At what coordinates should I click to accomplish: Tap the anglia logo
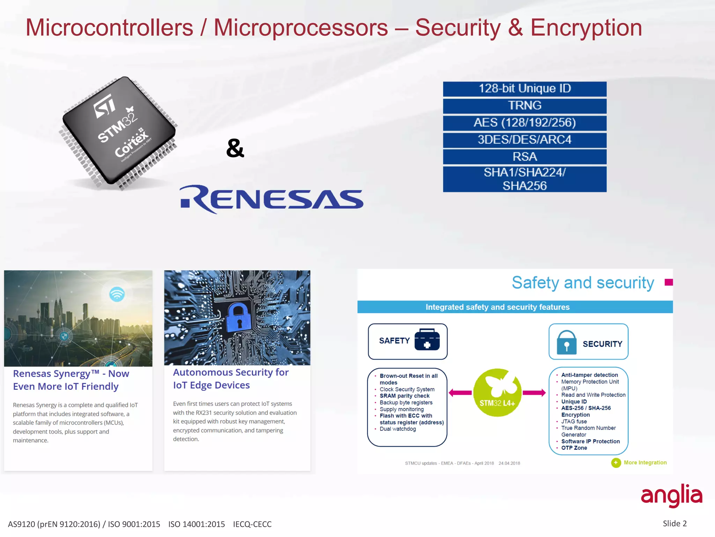tap(671, 496)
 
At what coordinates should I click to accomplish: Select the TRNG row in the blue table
tap(524, 106)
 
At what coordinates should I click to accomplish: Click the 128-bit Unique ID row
tap(524, 88)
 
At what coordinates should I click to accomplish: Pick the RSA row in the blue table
tap(524, 157)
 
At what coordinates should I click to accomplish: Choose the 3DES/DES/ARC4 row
tap(524, 140)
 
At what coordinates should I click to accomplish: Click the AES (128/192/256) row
tap(524, 123)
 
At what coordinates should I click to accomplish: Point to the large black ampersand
tap(235, 148)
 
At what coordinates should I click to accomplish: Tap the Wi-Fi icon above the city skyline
tap(117, 294)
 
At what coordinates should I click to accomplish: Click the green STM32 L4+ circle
tap(497, 393)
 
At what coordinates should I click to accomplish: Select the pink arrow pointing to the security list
tap(534, 393)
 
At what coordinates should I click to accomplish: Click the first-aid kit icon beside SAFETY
tap(427, 339)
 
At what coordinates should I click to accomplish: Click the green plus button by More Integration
tap(616, 463)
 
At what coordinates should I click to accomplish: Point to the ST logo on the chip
tap(105, 106)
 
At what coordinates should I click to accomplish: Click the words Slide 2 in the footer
tap(675, 523)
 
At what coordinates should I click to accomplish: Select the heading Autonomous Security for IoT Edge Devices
tap(231, 379)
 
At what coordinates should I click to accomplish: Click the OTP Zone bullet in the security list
tap(574, 448)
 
